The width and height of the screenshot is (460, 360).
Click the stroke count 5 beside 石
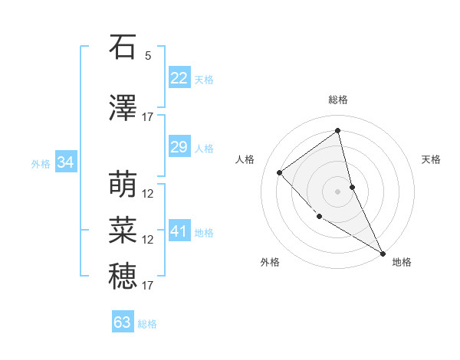point(148,56)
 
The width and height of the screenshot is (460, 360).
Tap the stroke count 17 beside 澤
point(148,117)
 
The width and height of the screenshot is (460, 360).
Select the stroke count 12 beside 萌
point(148,194)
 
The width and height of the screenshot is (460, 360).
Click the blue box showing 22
point(179,78)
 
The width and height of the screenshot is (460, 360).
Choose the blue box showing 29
point(179,147)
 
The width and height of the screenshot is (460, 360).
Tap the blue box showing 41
point(179,231)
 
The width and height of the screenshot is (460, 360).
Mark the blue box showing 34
point(65,162)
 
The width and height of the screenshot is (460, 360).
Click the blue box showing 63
point(123,322)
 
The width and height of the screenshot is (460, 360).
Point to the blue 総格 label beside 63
point(147,324)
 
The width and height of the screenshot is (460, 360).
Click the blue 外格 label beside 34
point(41,164)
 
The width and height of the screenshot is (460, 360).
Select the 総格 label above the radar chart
point(337,100)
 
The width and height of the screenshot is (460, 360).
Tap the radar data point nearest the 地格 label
point(383,254)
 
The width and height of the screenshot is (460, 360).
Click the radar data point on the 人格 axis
point(280,172)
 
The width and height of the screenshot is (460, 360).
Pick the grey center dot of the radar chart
point(337,191)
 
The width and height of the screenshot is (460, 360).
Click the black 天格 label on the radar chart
point(431,159)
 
